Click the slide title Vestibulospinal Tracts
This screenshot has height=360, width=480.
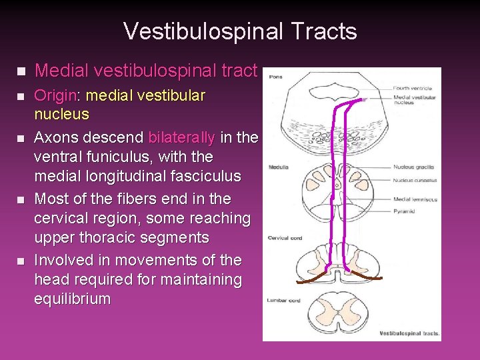pyautogui.click(x=240, y=31)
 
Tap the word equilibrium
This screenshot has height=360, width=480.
pyautogui.click(x=72, y=299)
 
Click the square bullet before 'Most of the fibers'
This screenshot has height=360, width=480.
pyautogui.click(x=19, y=199)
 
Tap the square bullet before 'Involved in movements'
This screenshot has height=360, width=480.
pyautogui.click(x=19, y=261)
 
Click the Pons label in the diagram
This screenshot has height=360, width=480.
pyautogui.click(x=275, y=77)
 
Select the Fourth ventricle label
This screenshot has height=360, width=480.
pyautogui.click(x=412, y=88)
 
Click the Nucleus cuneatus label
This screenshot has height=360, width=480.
pyautogui.click(x=415, y=180)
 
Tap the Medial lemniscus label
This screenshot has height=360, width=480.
pyautogui.click(x=415, y=199)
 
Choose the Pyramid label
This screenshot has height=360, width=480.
pyautogui.click(x=404, y=211)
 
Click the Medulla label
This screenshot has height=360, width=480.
pyautogui.click(x=278, y=167)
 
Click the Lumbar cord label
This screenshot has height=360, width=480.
pyautogui.click(x=283, y=301)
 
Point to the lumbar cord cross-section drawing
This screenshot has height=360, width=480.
pyautogui.click(x=339, y=310)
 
